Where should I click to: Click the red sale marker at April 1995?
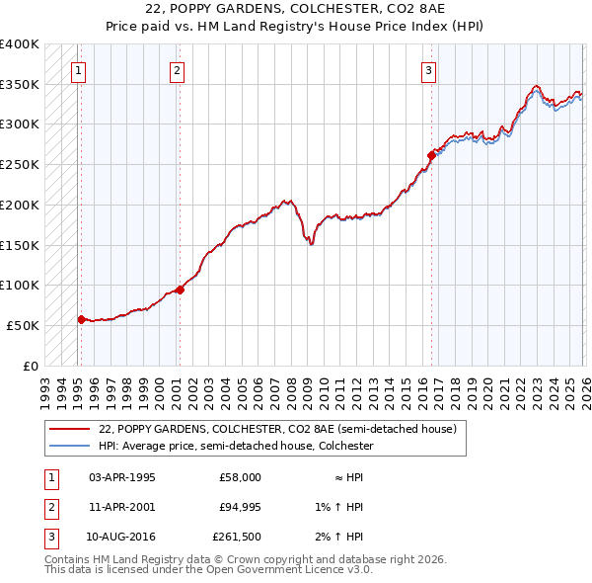pos(81,319)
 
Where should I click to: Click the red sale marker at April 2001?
pos(180,290)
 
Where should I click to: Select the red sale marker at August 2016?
pos(431,155)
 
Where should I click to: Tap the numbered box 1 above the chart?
pos(78,70)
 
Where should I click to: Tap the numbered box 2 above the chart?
pos(177,70)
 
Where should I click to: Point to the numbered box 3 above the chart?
pos(429,70)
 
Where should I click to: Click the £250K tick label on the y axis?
pos(20,164)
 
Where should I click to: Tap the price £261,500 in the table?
pos(237,537)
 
